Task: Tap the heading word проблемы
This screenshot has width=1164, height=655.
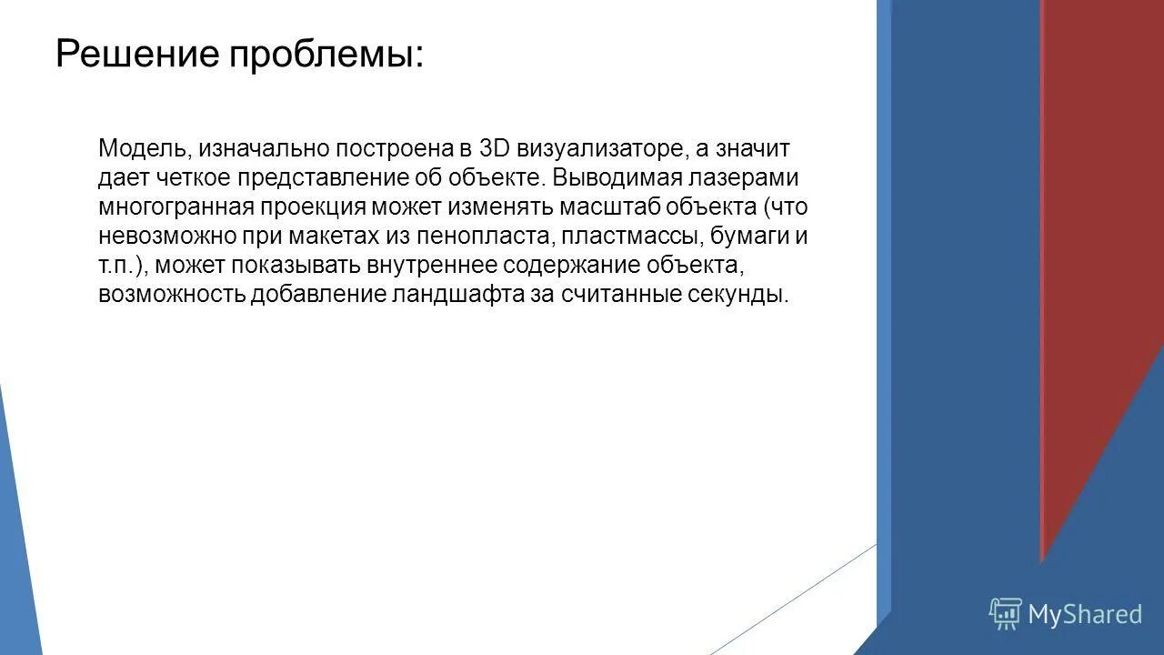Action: click(x=326, y=55)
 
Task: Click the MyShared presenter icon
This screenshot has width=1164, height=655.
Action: click(x=1005, y=614)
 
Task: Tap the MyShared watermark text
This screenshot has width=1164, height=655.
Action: click(x=1084, y=615)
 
